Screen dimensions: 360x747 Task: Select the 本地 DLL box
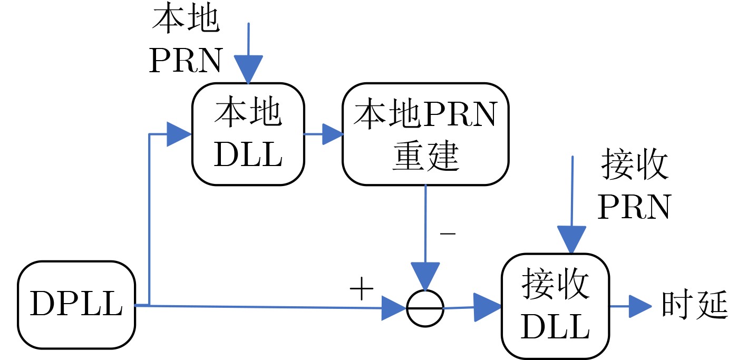(x=248, y=134)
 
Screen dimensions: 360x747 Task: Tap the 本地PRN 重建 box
(x=425, y=134)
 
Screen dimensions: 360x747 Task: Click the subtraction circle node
(x=425, y=308)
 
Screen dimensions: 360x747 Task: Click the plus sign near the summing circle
(x=362, y=290)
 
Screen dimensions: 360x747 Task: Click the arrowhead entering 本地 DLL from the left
(x=178, y=134)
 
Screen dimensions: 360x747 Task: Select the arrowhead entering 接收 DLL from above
(x=572, y=240)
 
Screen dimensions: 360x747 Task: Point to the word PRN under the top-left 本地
(x=185, y=62)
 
